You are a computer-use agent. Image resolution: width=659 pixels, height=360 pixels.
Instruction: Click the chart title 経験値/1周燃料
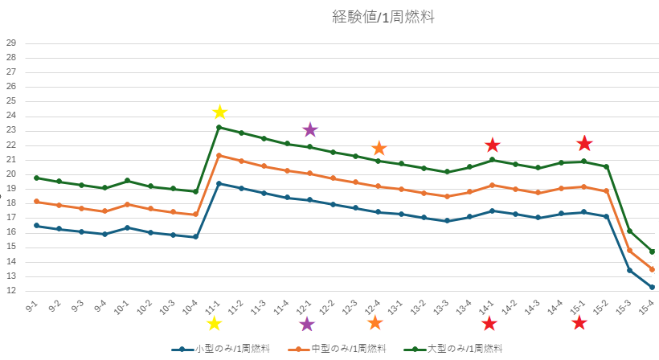click(x=383, y=16)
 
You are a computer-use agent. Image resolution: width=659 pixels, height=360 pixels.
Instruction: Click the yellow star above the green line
click(x=219, y=112)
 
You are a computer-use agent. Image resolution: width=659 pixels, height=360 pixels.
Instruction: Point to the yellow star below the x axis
click(x=214, y=323)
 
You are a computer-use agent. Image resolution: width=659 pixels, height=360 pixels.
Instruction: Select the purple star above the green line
click(x=310, y=129)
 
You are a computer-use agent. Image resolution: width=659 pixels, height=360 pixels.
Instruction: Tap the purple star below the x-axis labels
click(x=306, y=324)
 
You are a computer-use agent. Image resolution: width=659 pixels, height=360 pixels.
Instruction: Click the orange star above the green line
click(x=379, y=149)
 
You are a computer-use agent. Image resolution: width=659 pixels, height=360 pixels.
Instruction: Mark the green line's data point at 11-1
click(x=219, y=128)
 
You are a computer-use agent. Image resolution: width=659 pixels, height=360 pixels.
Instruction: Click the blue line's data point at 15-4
click(x=652, y=287)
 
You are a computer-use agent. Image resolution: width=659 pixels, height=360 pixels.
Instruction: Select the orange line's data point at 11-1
click(x=219, y=155)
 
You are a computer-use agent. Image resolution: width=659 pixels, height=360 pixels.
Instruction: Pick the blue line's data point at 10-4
click(x=196, y=237)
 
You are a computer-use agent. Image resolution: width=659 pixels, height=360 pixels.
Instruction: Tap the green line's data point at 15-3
click(x=629, y=231)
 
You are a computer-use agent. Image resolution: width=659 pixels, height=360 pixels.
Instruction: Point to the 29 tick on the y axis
click(x=10, y=43)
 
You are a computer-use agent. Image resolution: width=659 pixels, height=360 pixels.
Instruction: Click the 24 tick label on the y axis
click(x=10, y=116)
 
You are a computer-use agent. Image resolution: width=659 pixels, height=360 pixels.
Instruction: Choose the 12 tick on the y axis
click(x=10, y=292)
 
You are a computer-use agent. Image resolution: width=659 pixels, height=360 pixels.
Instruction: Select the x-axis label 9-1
click(x=33, y=307)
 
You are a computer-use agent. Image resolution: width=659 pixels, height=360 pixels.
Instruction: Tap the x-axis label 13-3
click(x=441, y=308)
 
